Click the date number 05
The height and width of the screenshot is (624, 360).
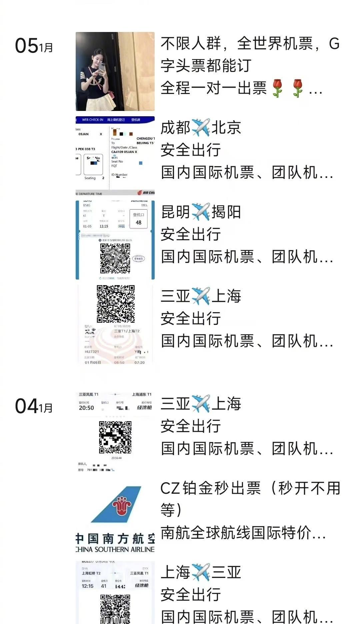point(27,46)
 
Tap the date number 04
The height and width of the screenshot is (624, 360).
point(27,406)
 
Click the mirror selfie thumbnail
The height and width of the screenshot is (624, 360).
point(115,71)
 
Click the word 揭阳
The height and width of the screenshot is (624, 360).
point(226,212)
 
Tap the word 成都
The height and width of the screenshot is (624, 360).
point(175,128)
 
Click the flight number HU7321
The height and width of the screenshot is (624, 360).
point(92,351)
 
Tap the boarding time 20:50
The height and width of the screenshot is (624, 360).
point(86,408)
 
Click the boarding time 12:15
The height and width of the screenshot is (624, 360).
point(87,586)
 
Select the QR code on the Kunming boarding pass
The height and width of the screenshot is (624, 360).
point(115,258)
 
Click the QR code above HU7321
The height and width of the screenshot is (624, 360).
point(116,304)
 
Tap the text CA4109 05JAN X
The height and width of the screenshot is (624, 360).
point(124,152)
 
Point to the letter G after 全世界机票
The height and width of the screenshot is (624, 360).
point(334,44)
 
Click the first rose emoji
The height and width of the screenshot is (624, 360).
point(277,88)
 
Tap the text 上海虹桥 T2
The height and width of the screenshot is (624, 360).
point(91,573)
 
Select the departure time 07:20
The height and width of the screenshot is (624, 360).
point(140,362)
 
